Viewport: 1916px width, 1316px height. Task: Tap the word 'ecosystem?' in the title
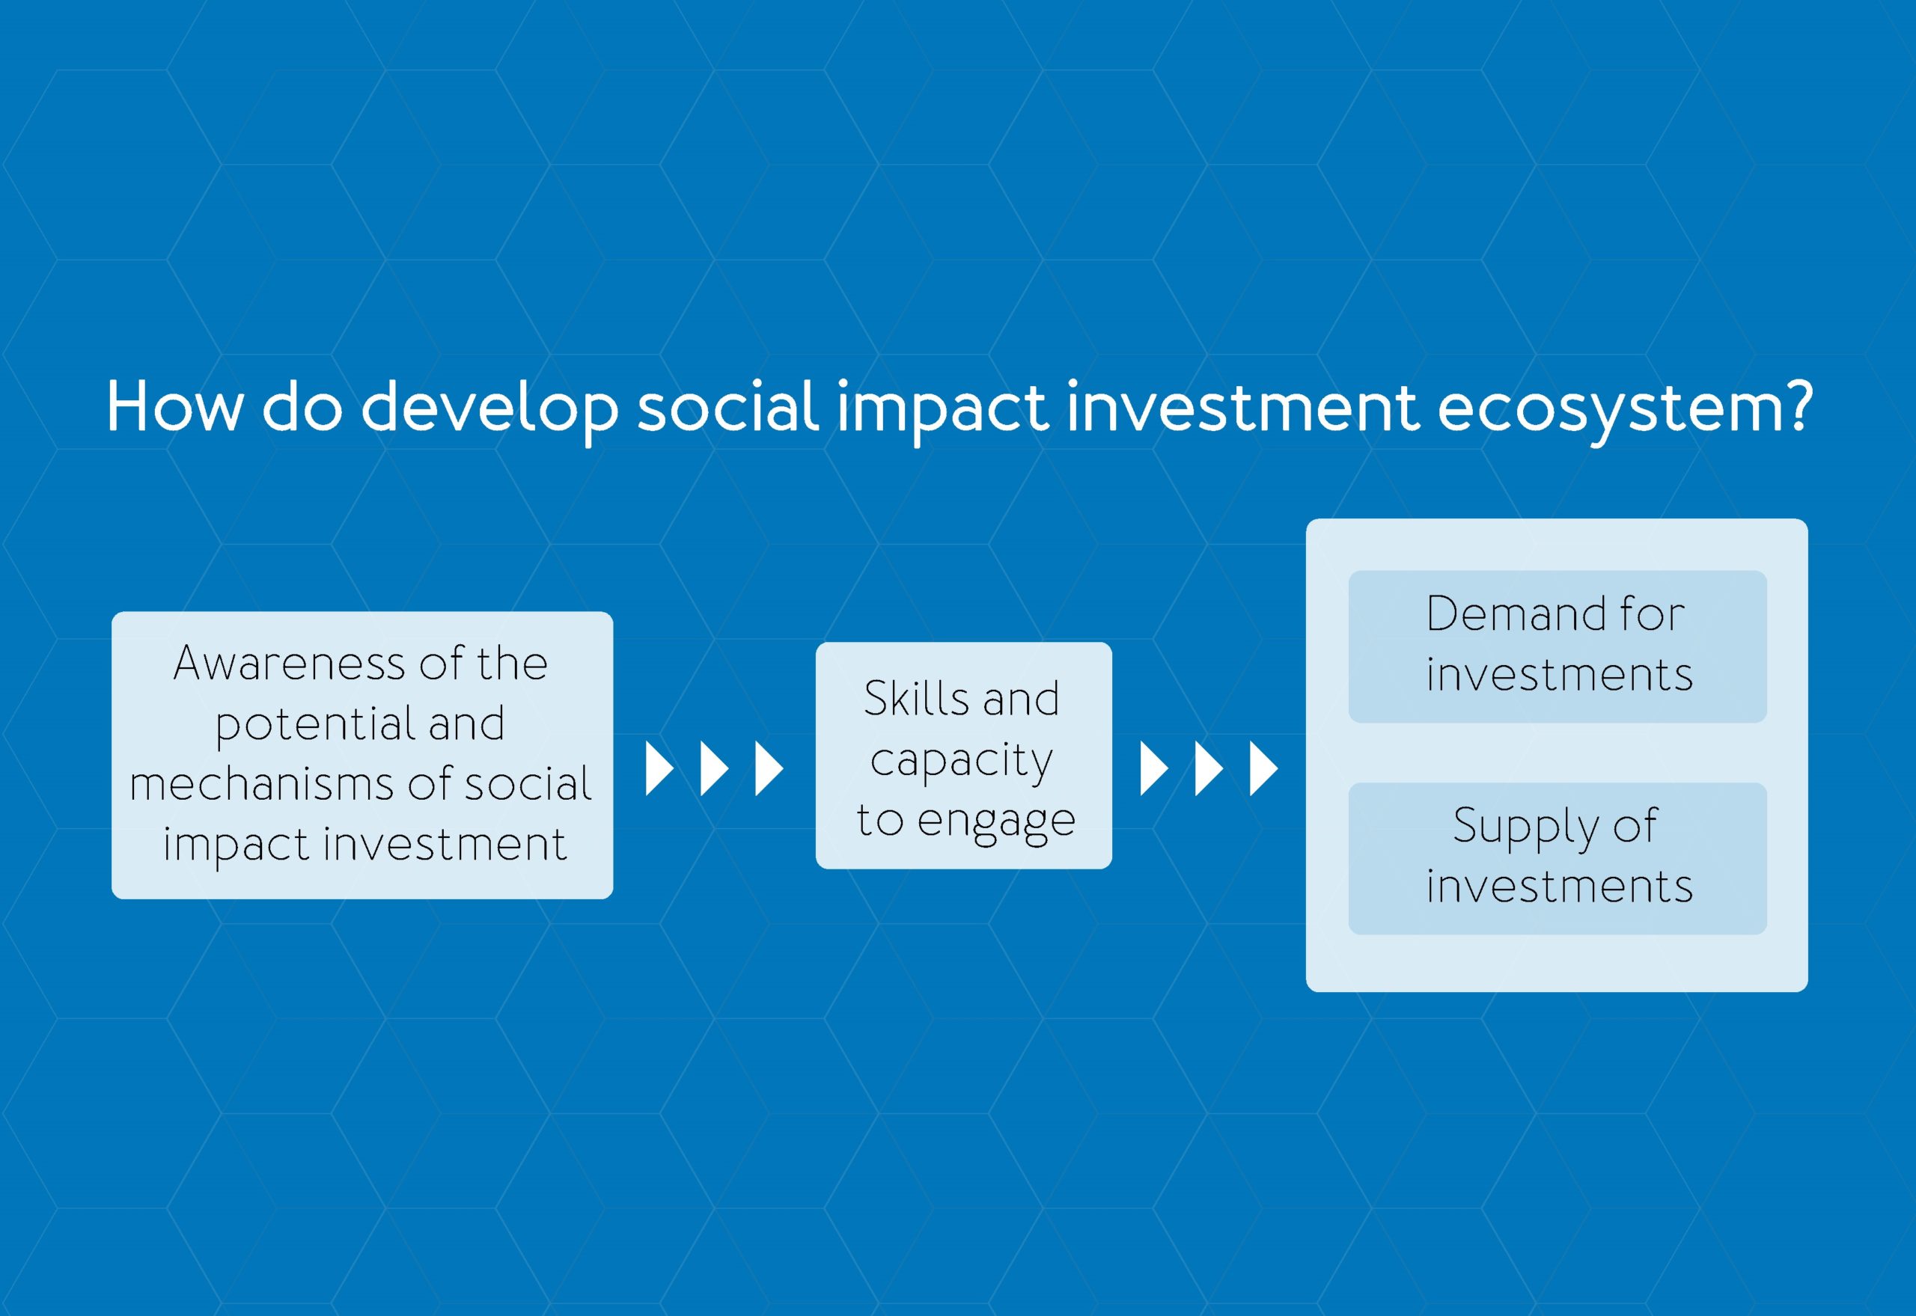point(1625,411)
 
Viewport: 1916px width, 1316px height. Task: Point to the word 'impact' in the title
point(943,410)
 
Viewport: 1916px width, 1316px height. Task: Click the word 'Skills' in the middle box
point(915,699)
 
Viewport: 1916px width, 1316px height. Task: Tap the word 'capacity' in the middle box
point(962,761)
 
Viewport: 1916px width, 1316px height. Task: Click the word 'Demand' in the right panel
point(1515,613)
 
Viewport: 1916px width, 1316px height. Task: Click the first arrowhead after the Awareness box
point(660,768)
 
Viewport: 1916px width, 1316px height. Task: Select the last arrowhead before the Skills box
point(769,768)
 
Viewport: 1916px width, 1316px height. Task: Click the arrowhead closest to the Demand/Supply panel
point(1264,768)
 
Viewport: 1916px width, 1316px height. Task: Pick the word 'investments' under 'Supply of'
point(1559,887)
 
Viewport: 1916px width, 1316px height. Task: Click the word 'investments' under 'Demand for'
point(1559,675)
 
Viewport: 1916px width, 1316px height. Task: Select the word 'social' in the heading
point(728,405)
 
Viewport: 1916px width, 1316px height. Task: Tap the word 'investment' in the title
point(1244,405)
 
